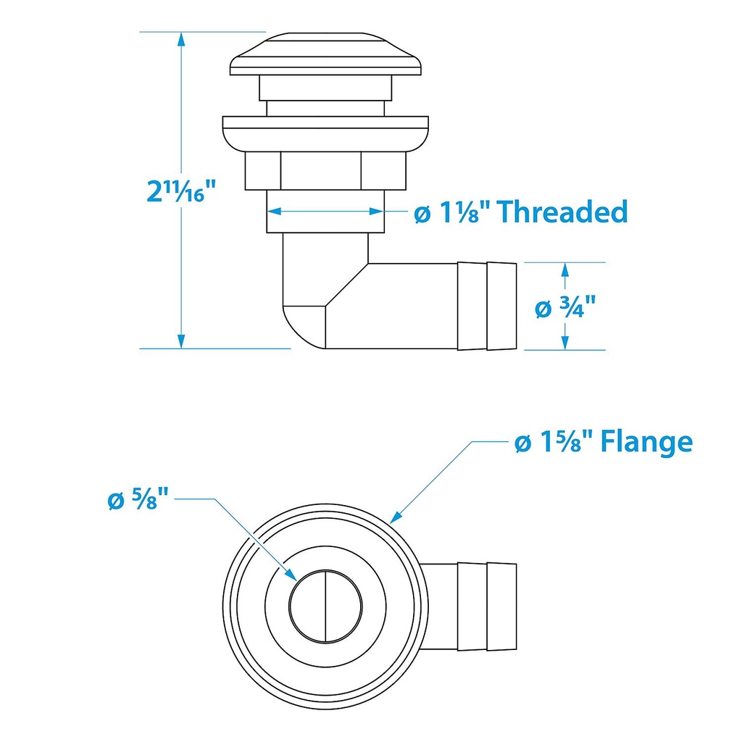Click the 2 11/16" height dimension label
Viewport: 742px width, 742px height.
tap(181, 191)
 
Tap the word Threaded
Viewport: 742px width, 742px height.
tap(562, 212)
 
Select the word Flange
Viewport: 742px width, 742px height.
tap(646, 442)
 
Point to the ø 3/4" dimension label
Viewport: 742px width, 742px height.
tap(565, 307)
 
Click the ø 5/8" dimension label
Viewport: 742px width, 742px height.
tap(138, 499)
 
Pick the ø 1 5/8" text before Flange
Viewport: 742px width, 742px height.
tap(554, 442)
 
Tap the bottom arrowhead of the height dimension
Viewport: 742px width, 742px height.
tap(180, 341)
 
